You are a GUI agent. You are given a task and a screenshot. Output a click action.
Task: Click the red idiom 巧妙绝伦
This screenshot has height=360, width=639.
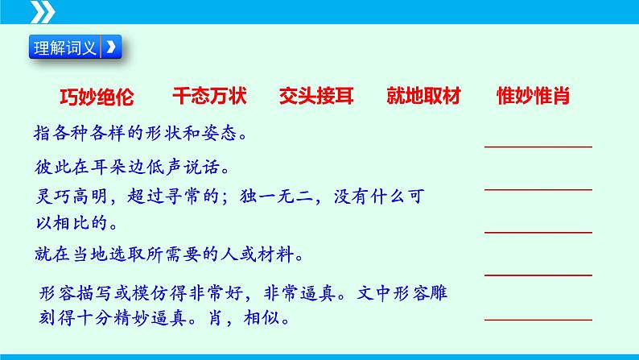97,97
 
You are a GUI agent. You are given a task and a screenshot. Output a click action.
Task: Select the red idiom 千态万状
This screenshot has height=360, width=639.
209,97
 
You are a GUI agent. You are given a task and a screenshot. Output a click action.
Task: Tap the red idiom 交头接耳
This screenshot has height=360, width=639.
316,97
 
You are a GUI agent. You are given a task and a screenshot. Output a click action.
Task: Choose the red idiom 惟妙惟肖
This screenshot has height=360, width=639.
534,97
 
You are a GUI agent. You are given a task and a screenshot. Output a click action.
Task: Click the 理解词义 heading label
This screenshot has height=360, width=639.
65,48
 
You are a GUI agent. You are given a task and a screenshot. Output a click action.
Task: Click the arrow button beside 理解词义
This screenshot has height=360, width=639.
112,48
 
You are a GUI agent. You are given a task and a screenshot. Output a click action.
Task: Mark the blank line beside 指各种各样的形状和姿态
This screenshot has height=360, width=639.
538,147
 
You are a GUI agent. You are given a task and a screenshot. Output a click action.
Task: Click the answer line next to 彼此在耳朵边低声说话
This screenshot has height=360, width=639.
538,189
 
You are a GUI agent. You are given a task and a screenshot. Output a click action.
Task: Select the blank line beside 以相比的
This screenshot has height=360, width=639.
538,232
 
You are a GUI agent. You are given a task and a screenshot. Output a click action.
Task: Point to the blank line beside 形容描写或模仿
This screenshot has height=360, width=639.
538,275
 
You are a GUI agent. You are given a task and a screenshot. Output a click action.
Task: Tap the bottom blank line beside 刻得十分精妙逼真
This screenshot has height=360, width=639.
538,318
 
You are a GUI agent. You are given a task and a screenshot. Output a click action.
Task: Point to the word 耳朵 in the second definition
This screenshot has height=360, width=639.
100,168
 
